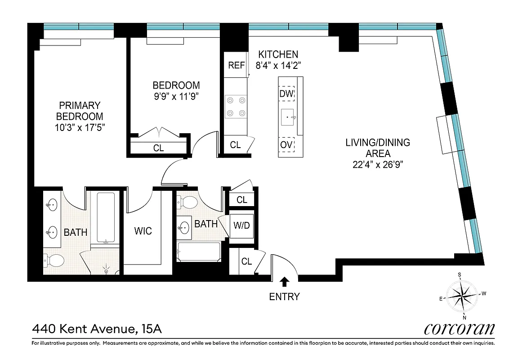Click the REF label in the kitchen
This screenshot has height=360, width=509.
click(x=236, y=65)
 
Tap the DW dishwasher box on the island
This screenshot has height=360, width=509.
click(x=286, y=94)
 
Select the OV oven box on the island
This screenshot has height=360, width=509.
click(x=286, y=145)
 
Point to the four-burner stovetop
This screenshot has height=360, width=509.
click(x=236, y=107)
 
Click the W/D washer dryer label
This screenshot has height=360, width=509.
click(x=241, y=225)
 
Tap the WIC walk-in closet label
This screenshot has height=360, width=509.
click(x=143, y=231)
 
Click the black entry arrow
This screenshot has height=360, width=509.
click(x=284, y=282)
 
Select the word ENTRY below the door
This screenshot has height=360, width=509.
click(x=284, y=297)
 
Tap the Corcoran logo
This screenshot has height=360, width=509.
click(x=459, y=329)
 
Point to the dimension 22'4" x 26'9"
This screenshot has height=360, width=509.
click(x=377, y=164)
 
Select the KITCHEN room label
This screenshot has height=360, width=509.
click(x=278, y=54)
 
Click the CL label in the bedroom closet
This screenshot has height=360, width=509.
click(x=158, y=148)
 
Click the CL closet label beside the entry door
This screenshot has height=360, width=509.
click(x=246, y=261)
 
